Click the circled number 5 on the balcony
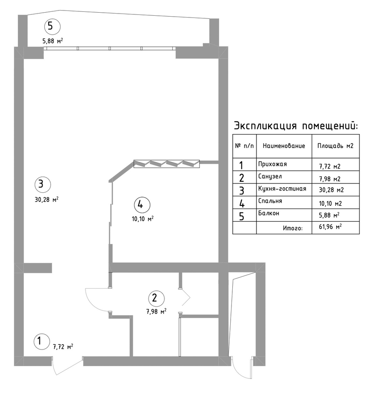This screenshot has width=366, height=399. pyautogui.click(x=52, y=26)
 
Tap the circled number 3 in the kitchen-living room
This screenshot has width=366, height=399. pyautogui.click(x=43, y=184)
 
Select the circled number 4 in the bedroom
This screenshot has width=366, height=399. pyautogui.click(x=142, y=205)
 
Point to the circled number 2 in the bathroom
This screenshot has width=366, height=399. pyautogui.click(x=156, y=298)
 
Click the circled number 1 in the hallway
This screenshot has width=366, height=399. pyautogui.click(x=42, y=341)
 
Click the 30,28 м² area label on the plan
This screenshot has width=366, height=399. pyautogui.click(x=46, y=199)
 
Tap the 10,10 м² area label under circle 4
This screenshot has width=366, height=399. pyautogui.click(x=142, y=219)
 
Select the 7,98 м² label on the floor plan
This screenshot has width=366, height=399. pyautogui.click(x=156, y=311)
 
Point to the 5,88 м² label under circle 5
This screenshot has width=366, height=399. pyautogui.click(x=53, y=41)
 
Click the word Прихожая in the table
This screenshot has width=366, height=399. pyautogui.click(x=272, y=164)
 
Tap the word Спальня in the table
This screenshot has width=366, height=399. pyautogui.click(x=270, y=201)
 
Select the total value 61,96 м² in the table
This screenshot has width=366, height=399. pyautogui.click(x=330, y=226)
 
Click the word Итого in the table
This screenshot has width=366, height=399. pyautogui.click(x=293, y=228)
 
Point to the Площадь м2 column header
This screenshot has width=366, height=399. pyautogui.click(x=335, y=146)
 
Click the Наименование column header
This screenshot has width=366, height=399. pyautogui.click(x=284, y=146)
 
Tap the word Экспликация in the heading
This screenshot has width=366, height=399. pyautogui.click(x=265, y=126)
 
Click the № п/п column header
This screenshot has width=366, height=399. pyautogui.click(x=244, y=146)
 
